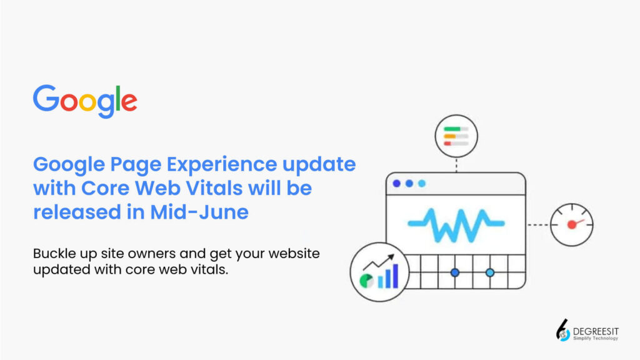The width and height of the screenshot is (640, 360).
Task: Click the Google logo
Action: tap(85, 101)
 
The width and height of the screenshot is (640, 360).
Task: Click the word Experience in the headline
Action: tap(222, 164)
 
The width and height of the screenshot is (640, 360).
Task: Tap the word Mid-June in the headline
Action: tap(199, 212)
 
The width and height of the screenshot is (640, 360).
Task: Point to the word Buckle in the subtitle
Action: tap(54, 254)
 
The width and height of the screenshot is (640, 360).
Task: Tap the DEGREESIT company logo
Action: tap(587, 330)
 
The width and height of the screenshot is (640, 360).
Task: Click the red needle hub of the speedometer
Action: tap(572, 224)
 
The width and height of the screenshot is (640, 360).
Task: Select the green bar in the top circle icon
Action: tap(452, 129)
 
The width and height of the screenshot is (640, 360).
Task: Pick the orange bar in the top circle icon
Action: tap(450, 136)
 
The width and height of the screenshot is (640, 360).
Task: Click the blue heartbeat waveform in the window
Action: tap(456, 225)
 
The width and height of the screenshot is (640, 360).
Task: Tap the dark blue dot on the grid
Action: tap(455, 272)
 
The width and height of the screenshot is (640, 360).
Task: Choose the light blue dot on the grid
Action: tap(490, 272)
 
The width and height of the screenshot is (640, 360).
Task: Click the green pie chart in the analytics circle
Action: tap(366, 281)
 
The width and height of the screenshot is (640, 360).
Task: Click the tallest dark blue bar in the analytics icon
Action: tap(395, 276)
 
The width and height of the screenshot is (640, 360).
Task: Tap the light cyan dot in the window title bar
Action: tap(422, 184)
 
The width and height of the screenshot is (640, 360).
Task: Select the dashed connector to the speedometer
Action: tap(538, 224)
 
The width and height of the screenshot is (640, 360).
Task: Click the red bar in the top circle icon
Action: tap(447, 144)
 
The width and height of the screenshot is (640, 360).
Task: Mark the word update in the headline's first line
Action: tap(319, 164)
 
